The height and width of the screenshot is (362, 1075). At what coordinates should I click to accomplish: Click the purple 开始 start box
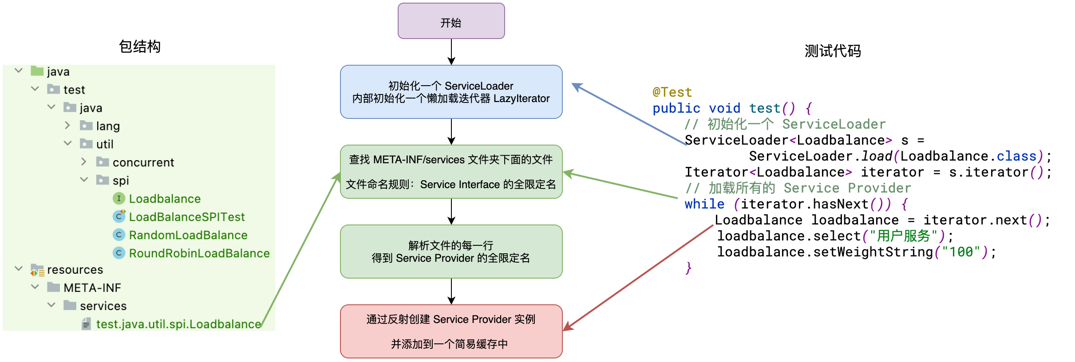451,21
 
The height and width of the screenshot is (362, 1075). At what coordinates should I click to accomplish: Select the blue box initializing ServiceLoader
451,92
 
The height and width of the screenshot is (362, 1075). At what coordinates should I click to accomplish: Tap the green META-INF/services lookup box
451,172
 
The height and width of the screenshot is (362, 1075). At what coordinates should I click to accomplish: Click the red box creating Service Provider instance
451,331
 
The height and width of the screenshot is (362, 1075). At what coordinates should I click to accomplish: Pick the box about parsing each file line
451,252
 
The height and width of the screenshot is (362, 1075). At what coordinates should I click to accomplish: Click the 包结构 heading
139,47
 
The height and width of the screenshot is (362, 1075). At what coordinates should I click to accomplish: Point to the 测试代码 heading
832,51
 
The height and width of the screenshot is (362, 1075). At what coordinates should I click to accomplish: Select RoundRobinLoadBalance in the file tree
199,253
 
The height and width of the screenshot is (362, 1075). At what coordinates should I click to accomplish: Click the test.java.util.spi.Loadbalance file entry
178,324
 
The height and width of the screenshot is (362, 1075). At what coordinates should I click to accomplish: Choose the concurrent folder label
143,162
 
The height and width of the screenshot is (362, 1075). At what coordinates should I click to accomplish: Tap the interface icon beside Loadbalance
119,198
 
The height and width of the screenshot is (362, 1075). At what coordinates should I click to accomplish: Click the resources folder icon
37,270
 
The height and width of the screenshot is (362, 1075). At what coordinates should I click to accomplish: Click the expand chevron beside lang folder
67,126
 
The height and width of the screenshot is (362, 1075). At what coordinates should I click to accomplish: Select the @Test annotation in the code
672,92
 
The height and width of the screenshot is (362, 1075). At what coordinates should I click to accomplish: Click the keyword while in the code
704,204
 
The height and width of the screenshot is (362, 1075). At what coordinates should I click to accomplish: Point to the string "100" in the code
960,252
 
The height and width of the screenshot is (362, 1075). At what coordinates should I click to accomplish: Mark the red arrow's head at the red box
567,328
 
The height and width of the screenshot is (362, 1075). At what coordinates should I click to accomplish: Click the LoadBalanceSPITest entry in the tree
186,217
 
